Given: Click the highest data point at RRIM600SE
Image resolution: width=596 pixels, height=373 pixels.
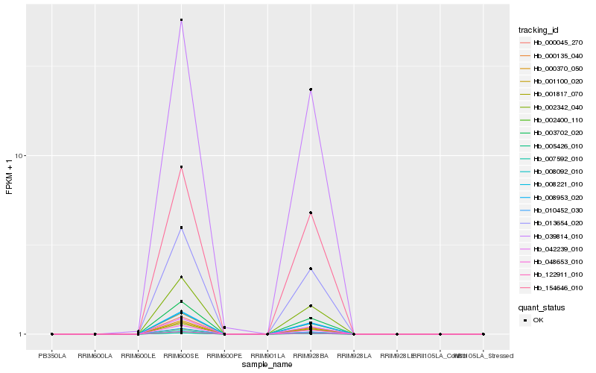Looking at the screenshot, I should pyautogui.click(x=181, y=20).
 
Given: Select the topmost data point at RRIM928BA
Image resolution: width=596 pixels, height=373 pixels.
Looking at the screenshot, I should pyautogui.click(x=311, y=90).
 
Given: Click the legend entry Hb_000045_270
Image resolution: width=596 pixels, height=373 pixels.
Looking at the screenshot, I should pyautogui.click(x=551, y=43).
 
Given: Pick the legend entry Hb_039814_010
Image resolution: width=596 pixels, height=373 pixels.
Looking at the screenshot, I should pyautogui.click(x=551, y=236).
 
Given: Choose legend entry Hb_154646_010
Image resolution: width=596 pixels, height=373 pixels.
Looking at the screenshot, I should pyautogui.click(x=551, y=287).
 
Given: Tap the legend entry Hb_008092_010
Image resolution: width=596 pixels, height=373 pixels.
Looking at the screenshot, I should pyautogui.click(x=551, y=172).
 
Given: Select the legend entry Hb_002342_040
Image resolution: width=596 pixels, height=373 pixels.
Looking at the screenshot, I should pyautogui.click(x=551, y=107).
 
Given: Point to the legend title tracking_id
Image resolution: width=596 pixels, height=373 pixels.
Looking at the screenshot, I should pyautogui.click(x=539, y=30).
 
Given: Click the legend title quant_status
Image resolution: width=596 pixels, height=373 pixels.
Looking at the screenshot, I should pyautogui.click(x=542, y=307).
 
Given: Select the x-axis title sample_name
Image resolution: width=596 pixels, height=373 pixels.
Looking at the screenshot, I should pyautogui.click(x=267, y=364).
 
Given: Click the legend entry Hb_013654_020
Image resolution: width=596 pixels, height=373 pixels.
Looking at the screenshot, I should pyautogui.click(x=551, y=223).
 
